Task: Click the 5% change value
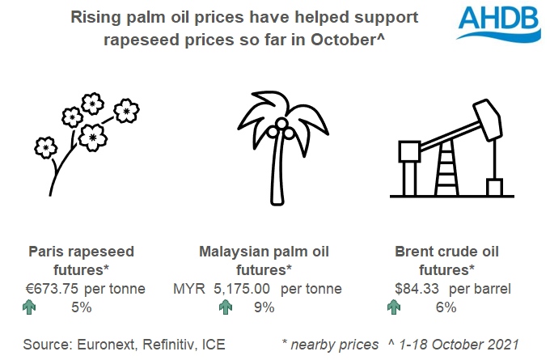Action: [x=81, y=307]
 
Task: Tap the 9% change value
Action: [x=264, y=307]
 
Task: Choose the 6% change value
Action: [x=446, y=307]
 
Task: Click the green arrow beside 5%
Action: [x=30, y=307]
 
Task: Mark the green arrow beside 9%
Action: [x=225, y=307]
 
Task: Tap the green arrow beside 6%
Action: [x=394, y=307]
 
